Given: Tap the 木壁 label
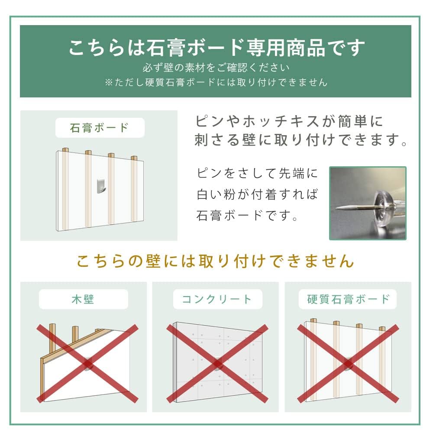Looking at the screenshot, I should pos(83,299).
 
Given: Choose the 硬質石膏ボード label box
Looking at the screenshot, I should pos(348,299).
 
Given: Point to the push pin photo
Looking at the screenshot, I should pos(368,203).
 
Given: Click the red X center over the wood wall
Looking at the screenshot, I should pos(87,363).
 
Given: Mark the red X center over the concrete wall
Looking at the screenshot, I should pos(216,363).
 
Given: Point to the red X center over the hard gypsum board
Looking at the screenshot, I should pos(348,363).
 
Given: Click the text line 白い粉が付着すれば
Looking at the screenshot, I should pos(257,194).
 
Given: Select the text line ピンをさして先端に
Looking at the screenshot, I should pos(257,174).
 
